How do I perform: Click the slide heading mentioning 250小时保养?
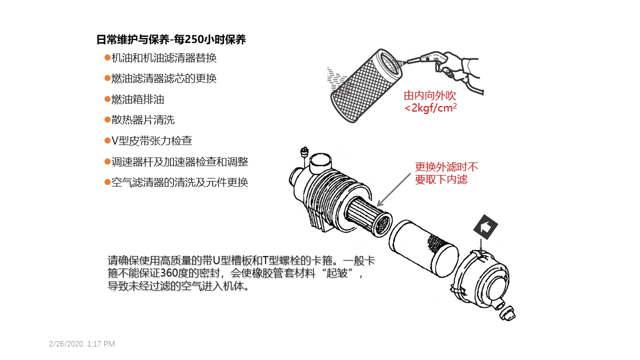click(x=171, y=40)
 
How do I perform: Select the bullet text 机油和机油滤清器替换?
click(x=163, y=58)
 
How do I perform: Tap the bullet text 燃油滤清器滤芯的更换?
click(x=163, y=78)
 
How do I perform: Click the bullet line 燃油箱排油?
click(x=137, y=99)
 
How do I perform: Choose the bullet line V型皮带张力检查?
click(x=151, y=141)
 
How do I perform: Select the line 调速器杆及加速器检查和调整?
click(x=179, y=162)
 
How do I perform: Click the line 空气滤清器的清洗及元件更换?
click(x=179, y=182)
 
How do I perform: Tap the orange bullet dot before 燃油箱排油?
click(x=107, y=99)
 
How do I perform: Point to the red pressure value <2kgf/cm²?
click(x=430, y=108)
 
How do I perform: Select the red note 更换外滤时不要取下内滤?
click(x=446, y=173)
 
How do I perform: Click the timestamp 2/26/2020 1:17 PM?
click(x=82, y=344)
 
